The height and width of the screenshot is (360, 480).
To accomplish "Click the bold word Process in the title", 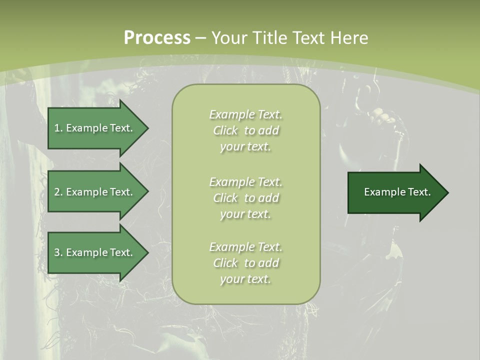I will click(x=157, y=38).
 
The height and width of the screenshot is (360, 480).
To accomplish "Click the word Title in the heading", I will click(x=271, y=38).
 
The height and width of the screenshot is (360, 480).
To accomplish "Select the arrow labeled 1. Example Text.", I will click(x=95, y=128).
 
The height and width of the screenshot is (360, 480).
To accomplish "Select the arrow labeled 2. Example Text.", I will click(x=95, y=192).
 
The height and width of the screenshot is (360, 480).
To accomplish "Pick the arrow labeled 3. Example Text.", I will click(x=95, y=252).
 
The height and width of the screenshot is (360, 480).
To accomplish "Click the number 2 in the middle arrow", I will click(x=56, y=192).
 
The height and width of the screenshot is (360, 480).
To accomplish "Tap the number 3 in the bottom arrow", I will click(x=56, y=252).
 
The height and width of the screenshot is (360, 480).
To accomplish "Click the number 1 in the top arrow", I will click(x=56, y=128).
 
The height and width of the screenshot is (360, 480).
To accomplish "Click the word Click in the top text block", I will click(x=225, y=130).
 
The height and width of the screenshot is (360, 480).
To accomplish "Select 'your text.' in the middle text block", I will click(x=245, y=214).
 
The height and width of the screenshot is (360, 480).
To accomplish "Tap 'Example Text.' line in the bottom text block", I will click(x=245, y=247).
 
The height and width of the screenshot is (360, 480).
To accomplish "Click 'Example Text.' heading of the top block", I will click(x=245, y=114).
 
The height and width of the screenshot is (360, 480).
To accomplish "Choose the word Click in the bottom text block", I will click(x=225, y=263).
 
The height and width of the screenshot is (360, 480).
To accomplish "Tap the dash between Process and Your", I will click(x=201, y=38).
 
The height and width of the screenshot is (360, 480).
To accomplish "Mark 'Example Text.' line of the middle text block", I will click(x=245, y=181).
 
